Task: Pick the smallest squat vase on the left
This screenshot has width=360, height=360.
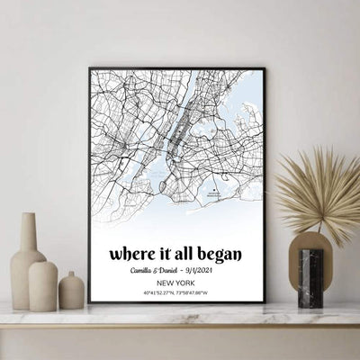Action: tap(71, 292)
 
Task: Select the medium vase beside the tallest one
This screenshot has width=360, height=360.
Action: tap(43, 285)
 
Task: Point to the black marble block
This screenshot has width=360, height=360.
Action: tap(310, 279)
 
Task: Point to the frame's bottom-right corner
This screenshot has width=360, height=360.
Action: tap(264, 302)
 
